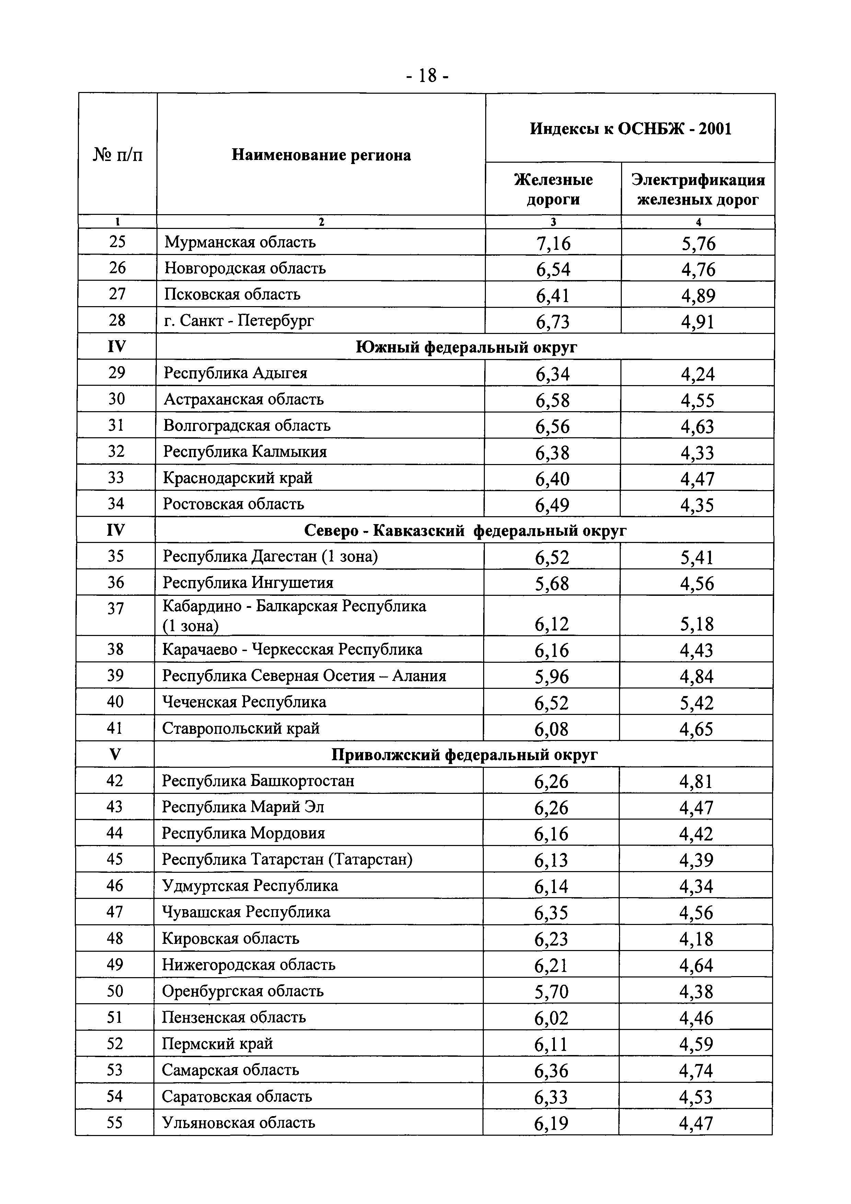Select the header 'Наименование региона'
pos(321,155)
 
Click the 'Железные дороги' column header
pos(553,189)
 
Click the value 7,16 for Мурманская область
pos(553,244)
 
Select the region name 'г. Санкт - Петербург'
pos(239,321)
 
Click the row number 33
pos(116,478)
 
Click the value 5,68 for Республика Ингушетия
pos(551,584)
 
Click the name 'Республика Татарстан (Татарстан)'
pos(287,859)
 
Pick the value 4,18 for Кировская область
pos(696,939)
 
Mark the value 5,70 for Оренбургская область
pos(551,992)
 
